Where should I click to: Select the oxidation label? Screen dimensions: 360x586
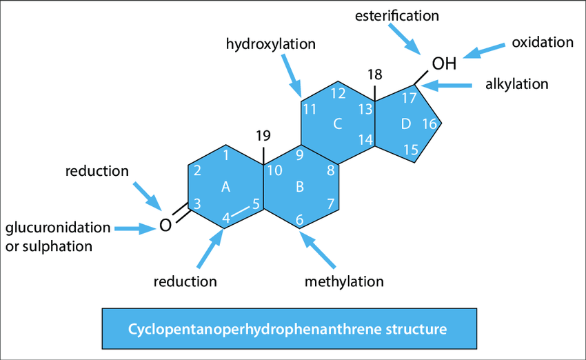point(543,43)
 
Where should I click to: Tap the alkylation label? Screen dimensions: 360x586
point(517,84)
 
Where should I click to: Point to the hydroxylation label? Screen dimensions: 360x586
point(270,45)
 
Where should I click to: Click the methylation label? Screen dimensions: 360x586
point(344,281)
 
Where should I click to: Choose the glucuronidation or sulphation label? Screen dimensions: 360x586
point(57,237)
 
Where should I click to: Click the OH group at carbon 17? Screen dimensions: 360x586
point(444,64)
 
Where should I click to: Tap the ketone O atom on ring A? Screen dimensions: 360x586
point(164,225)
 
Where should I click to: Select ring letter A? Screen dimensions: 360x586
point(225,186)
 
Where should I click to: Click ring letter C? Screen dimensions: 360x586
point(337,125)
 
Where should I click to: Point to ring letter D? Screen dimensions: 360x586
point(405,124)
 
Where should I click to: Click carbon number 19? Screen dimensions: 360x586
point(263,135)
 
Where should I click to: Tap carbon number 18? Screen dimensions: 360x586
point(374,74)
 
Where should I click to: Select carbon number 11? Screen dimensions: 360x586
point(310,109)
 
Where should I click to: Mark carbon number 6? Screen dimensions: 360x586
point(299,220)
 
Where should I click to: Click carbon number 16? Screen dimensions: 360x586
point(429,124)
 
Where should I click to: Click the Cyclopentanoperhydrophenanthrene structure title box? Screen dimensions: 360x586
point(289,328)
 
